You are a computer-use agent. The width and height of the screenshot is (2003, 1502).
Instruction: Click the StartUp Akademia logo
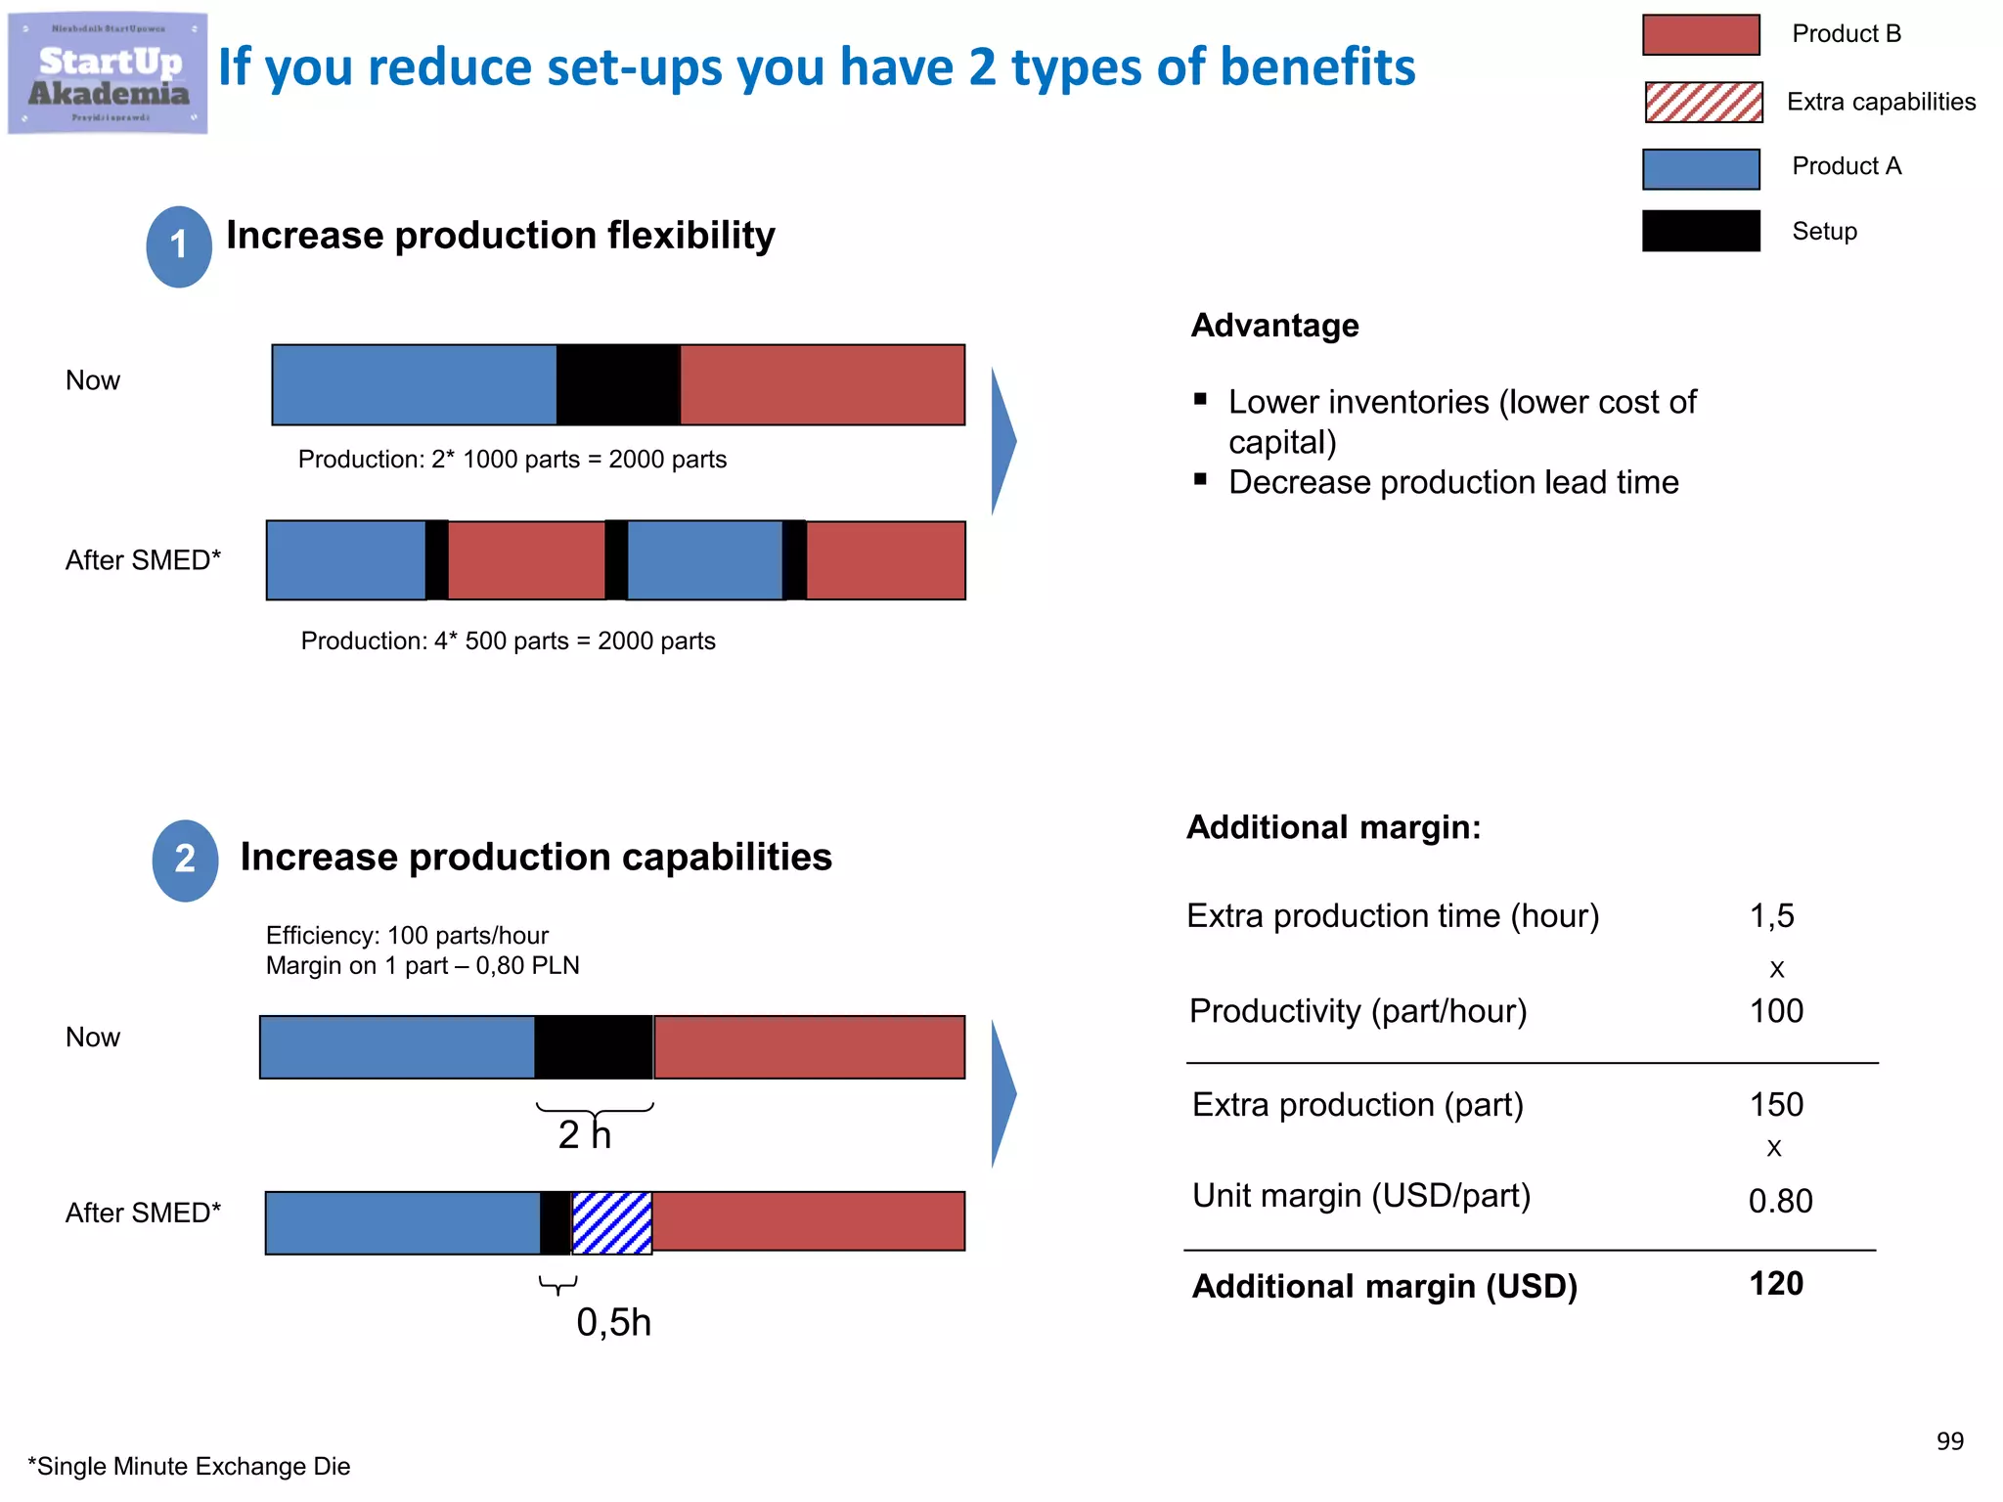click(x=108, y=73)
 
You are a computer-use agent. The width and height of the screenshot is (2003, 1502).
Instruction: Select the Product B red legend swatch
click(x=1701, y=34)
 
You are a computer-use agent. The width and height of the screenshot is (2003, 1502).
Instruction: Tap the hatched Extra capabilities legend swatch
click(x=1703, y=102)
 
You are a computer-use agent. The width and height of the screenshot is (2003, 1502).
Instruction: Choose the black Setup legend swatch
click(x=1701, y=231)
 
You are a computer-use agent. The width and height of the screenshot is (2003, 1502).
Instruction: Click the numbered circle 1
click(x=179, y=246)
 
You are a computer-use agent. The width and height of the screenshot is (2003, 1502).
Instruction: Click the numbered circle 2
click(x=185, y=860)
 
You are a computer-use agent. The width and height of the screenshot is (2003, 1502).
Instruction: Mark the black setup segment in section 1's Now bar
click(x=618, y=384)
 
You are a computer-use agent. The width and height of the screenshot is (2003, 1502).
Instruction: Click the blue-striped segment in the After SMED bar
click(x=612, y=1222)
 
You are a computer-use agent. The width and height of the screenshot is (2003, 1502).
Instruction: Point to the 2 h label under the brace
click(x=584, y=1134)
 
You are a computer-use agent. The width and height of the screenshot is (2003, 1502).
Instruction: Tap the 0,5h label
click(x=613, y=1322)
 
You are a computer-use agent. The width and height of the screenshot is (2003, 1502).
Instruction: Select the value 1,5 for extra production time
click(x=1771, y=916)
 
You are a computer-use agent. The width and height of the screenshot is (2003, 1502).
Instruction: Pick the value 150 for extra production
click(x=1776, y=1105)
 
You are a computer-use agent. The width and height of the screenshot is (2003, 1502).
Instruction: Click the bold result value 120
click(x=1776, y=1284)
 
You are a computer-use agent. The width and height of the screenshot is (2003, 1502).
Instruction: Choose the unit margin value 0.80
click(x=1780, y=1201)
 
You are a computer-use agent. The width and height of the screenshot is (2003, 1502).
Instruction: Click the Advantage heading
click(x=1274, y=326)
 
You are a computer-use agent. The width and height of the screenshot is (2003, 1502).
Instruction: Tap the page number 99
click(x=1949, y=1440)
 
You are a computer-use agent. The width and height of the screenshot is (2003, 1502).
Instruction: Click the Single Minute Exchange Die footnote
click(x=189, y=1466)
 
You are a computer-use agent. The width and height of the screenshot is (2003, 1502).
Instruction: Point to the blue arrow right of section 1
click(x=1003, y=441)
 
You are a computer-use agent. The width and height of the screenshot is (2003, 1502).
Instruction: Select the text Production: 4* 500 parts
click(x=435, y=641)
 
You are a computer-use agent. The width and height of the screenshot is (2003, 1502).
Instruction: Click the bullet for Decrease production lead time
click(x=1200, y=479)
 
